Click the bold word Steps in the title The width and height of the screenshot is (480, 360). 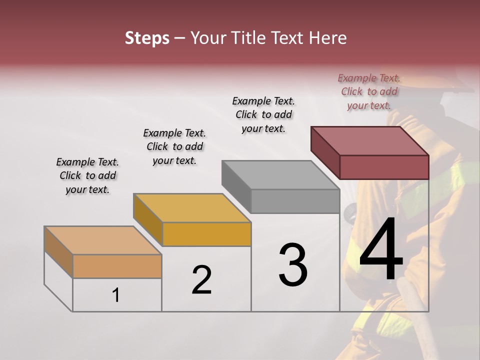(147, 38)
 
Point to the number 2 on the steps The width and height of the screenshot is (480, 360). (201, 280)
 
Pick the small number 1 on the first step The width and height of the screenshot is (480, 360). (116, 295)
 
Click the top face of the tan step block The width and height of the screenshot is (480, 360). (103, 240)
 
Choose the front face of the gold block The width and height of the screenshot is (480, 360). (206, 234)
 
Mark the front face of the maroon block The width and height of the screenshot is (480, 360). (384, 167)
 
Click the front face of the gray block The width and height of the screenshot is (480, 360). (295, 201)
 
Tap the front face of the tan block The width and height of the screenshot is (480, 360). (117, 266)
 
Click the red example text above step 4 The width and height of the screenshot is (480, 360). (369, 92)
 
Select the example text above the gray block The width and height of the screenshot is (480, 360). (263, 114)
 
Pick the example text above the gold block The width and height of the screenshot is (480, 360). (174, 146)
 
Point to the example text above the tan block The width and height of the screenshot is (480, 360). (87, 175)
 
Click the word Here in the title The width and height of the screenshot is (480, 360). (328, 38)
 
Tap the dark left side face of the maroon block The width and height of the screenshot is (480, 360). (325, 152)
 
